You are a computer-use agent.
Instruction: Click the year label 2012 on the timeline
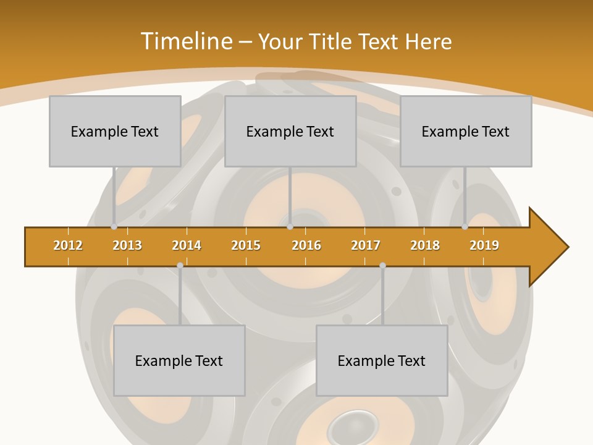tap(68, 245)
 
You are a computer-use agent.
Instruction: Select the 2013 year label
tap(127, 245)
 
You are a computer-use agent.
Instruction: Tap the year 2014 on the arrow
tap(187, 245)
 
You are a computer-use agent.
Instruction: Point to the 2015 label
tap(246, 245)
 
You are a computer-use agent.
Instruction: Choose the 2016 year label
tap(306, 245)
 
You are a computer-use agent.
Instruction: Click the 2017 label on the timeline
tap(366, 245)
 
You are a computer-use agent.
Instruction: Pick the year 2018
tap(425, 245)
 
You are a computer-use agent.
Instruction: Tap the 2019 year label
tap(484, 245)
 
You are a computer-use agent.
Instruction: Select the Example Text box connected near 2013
tap(115, 131)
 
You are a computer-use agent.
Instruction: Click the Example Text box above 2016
tap(290, 131)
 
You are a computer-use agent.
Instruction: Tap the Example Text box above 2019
tap(466, 131)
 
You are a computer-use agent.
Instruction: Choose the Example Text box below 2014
tap(179, 360)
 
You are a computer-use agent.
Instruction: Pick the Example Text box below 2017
tap(382, 360)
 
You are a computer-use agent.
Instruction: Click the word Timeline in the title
tap(186, 41)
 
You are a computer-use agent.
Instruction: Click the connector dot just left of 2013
tap(114, 227)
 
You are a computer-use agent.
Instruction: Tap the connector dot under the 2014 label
tap(180, 265)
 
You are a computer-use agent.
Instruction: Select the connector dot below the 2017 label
tap(382, 265)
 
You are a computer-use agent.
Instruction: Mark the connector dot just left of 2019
tap(465, 227)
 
